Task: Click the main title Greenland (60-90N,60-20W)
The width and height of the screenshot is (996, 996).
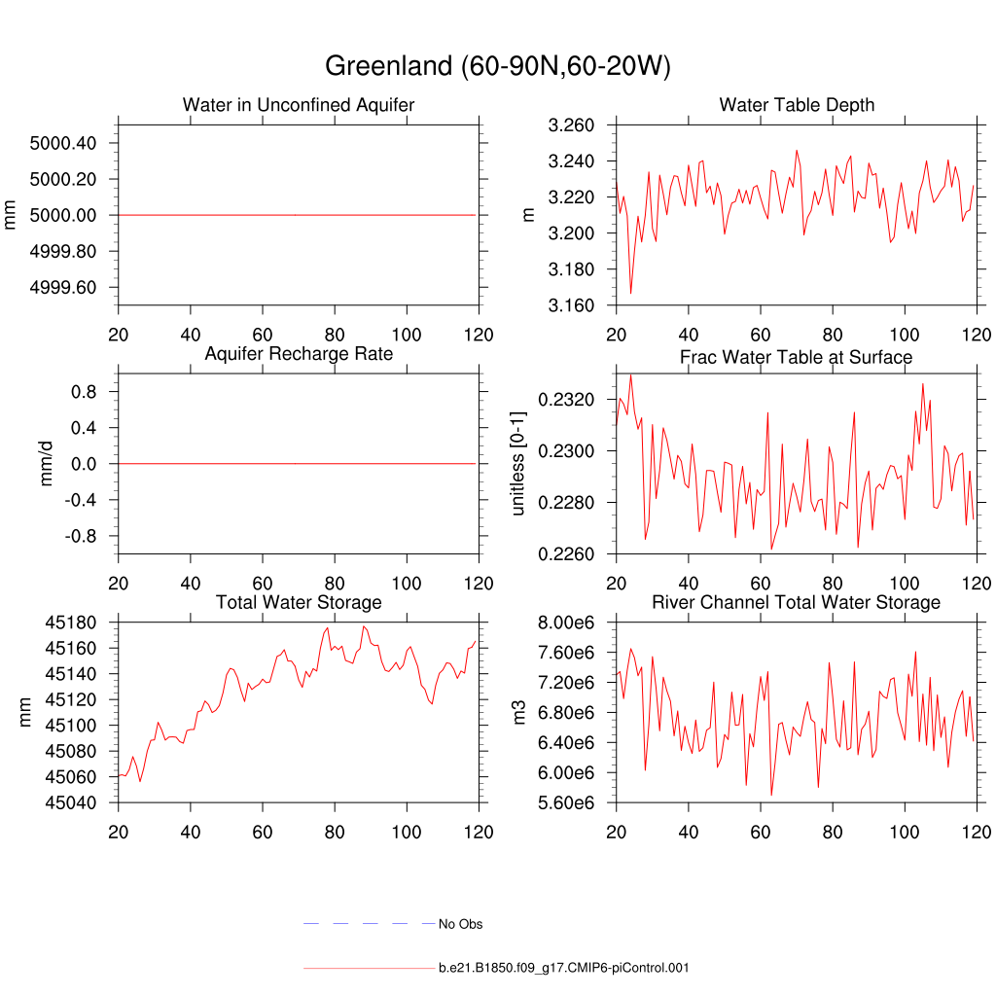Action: [497, 66]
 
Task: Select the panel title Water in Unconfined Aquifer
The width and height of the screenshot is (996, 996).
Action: [299, 105]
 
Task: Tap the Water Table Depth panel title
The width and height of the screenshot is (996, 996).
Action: [797, 105]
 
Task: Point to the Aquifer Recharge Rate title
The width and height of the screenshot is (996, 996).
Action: [299, 354]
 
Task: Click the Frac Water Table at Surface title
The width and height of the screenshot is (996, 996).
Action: [796, 357]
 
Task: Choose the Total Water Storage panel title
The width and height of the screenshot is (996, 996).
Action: [299, 603]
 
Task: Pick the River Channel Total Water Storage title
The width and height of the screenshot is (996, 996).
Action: [796, 603]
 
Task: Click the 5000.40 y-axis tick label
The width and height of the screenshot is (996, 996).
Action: [63, 143]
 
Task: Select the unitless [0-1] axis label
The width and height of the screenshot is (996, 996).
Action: [517, 463]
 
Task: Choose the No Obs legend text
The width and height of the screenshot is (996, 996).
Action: [460, 924]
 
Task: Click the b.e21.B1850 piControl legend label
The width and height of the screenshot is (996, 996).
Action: [564, 969]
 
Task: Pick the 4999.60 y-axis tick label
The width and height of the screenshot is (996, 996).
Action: [63, 288]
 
